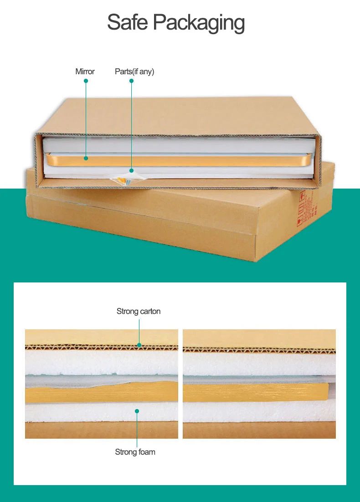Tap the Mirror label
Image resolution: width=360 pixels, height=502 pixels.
85,72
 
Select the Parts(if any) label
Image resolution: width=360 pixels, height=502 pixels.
134,72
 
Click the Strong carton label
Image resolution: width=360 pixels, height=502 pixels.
139,312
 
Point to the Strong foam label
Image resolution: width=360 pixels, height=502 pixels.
135,452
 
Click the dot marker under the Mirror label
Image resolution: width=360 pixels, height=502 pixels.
86,81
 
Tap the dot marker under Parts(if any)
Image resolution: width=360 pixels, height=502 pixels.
131,81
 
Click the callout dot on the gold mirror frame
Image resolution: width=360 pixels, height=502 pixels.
86,159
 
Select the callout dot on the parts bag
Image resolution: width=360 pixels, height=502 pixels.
131,170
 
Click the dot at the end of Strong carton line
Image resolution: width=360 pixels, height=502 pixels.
139,345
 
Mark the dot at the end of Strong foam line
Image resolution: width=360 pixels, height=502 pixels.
137,411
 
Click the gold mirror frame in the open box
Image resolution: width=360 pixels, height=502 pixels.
182,159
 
